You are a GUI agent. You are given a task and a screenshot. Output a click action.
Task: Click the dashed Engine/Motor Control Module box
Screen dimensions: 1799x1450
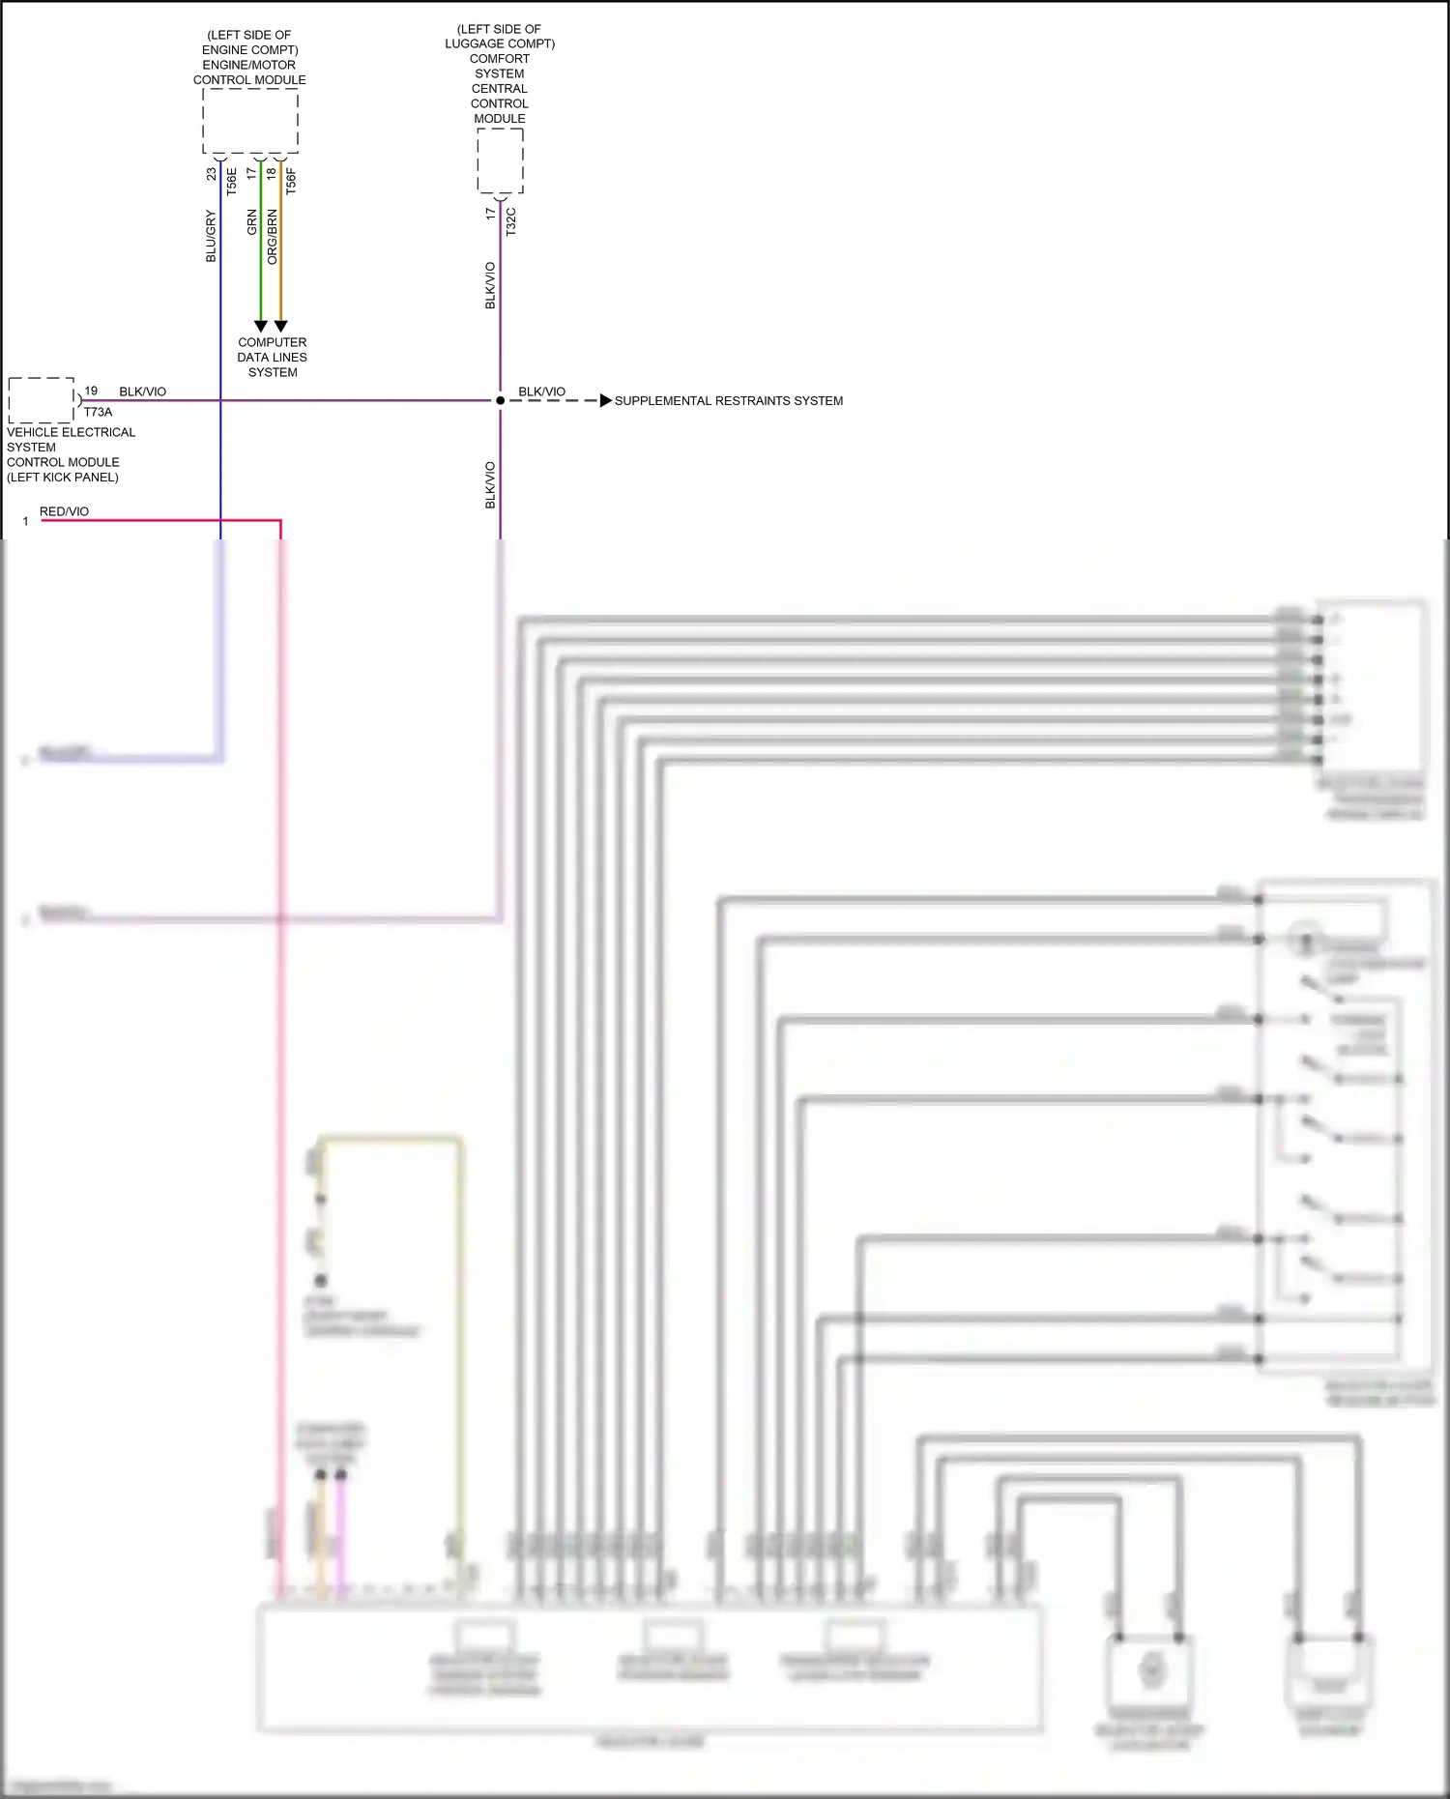tap(249, 121)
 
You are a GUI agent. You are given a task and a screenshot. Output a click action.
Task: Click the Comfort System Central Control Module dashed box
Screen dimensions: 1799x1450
tap(500, 160)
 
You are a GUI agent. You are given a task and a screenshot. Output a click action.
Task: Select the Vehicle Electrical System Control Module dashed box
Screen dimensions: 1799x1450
tap(42, 400)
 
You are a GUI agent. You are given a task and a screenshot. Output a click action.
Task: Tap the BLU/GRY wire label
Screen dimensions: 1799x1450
tap(211, 237)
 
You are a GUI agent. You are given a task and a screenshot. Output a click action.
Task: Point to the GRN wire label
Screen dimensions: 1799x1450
tap(251, 222)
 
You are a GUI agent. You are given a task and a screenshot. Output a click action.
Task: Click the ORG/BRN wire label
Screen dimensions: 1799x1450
tap(272, 237)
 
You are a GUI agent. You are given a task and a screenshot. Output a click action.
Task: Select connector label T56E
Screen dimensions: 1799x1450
tap(231, 181)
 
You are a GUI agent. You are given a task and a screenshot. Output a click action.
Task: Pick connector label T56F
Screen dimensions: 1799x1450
tap(291, 181)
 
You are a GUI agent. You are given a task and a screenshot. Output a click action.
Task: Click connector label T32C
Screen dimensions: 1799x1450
tap(511, 221)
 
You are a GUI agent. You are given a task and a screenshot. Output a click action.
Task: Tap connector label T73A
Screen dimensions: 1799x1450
tap(98, 412)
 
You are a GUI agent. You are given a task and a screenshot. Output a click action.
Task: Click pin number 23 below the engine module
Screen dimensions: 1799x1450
tap(211, 174)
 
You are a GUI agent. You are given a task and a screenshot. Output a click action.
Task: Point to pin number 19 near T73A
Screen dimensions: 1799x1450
tap(91, 391)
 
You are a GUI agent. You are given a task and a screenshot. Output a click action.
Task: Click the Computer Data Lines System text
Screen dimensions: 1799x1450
tap(273, 357)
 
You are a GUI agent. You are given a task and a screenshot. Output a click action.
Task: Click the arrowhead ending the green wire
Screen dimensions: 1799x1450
tap(260, 327)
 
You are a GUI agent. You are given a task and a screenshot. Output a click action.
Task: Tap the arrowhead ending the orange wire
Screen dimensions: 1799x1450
tap(280, 327)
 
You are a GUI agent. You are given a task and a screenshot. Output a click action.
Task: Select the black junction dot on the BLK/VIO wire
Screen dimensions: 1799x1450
tap(500, 400)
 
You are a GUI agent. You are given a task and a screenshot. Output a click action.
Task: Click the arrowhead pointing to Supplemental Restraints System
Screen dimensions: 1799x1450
tap(605, 400)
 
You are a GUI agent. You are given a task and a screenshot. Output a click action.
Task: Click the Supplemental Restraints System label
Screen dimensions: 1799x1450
tap(728, 400)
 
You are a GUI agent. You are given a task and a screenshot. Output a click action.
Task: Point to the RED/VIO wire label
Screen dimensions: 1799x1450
tap(64, 511)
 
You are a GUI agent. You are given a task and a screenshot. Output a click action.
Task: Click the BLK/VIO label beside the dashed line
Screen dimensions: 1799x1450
tap(541, 392)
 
